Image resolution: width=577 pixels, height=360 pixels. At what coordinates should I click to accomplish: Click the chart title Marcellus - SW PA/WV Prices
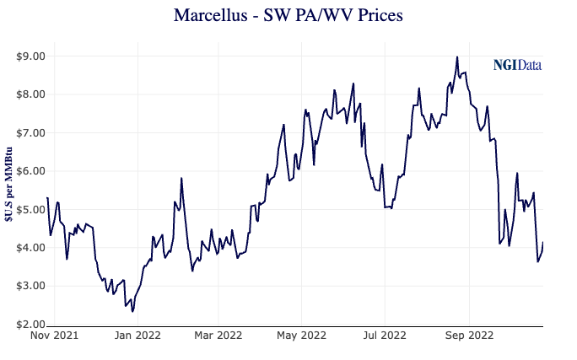click(x=287, y=16)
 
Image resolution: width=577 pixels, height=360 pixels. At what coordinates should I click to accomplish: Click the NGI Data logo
click(x=517, y=65)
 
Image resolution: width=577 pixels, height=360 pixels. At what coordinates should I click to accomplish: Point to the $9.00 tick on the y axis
click(x=30, y=56)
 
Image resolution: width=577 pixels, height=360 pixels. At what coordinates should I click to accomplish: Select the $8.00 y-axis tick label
click(x=30, y=94)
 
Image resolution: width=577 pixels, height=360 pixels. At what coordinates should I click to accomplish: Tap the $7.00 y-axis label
click(x=30, y=133)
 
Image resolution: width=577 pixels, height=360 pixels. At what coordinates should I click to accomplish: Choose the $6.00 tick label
click(x=30, y=171)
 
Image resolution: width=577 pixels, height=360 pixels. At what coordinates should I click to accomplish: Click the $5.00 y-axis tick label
click(x=30, y=209)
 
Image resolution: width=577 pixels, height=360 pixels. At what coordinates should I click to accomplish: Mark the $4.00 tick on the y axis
click(x=30, y=248)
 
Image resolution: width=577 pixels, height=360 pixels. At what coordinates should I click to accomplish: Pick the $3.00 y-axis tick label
click(x=30, y=286)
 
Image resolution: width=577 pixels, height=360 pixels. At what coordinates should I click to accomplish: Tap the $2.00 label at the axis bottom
click(x=30, y=325)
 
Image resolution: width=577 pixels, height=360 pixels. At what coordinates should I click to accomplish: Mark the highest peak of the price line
click(x=456, y=57)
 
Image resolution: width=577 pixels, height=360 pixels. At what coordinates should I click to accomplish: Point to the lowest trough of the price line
click(x=132, y=311)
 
